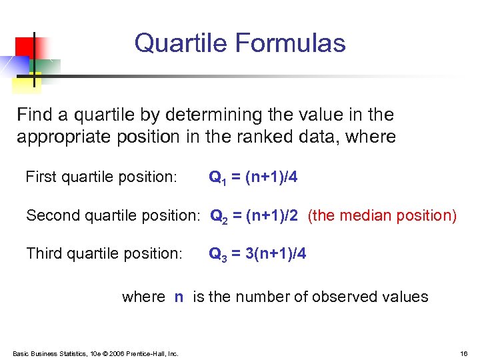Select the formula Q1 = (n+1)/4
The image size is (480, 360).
pos(253,177)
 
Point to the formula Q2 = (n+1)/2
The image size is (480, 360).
pos(255,216)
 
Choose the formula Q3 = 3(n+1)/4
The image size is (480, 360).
pos(257,254)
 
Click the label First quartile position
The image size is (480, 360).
pos(101,177)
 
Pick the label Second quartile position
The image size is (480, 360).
pos(113,216)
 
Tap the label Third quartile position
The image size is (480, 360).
pos(103,254)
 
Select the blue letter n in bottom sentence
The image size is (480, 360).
pos(179,297)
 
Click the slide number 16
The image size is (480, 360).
pos(464,353)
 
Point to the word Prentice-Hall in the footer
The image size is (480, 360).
pos(147,353)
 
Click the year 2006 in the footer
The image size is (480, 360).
pos(121,353)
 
